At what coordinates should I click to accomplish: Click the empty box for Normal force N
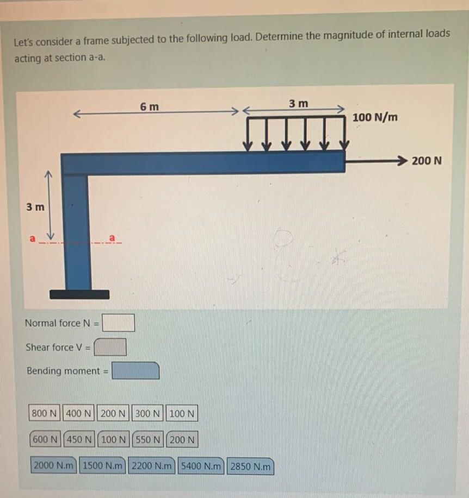click(x=119, y=323)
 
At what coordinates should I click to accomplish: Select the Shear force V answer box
click(x=110, y=346)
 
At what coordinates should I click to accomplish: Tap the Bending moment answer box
click(x=135, y=371)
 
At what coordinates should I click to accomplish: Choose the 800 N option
click(x=45, y=414)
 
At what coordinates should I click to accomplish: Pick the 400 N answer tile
click(x=79, y=414)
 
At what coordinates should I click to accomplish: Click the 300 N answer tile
click(x=148, y=414)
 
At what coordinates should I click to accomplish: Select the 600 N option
click(x=46, y=439)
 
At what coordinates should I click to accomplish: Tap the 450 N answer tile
click(x=81, y=439)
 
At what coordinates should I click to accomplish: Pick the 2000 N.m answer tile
click(x=54, y=466)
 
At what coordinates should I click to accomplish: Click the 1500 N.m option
click(x=103, y=466)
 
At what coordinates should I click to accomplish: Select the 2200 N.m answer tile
click(x=152, y=466)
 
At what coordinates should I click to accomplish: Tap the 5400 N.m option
click(x=201, y=466)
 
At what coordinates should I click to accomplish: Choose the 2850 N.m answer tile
click(x=250, y=467)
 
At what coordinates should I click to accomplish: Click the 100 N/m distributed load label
click(x=375, y=117)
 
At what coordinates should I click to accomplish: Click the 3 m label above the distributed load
click(x=298, y=103)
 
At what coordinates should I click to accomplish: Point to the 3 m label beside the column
click(x=36, y=207)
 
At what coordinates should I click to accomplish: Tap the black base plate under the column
click(x=79, y=294)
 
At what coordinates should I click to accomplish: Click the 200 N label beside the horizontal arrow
click(x=427, y=161)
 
